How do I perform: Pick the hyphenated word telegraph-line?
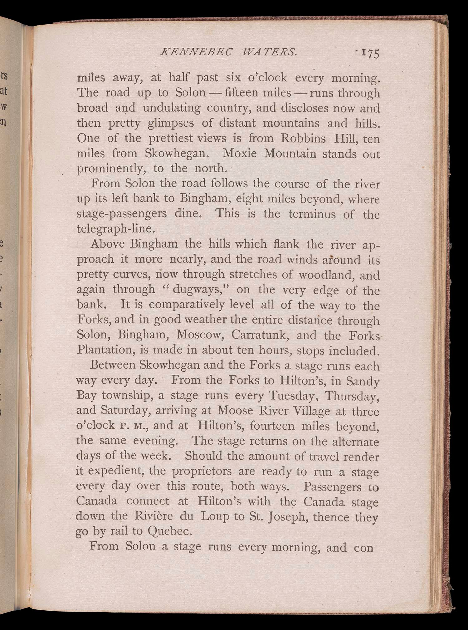point(116,229)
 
